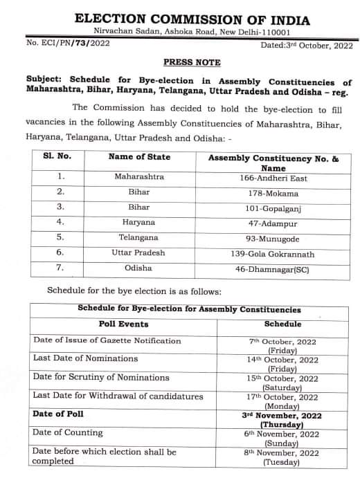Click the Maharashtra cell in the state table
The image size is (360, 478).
point(139,176)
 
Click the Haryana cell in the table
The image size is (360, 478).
point(139,222)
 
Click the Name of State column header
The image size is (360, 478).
point(139,157)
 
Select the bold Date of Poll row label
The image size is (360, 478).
point(62,414)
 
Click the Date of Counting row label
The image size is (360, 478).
point(67,432)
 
